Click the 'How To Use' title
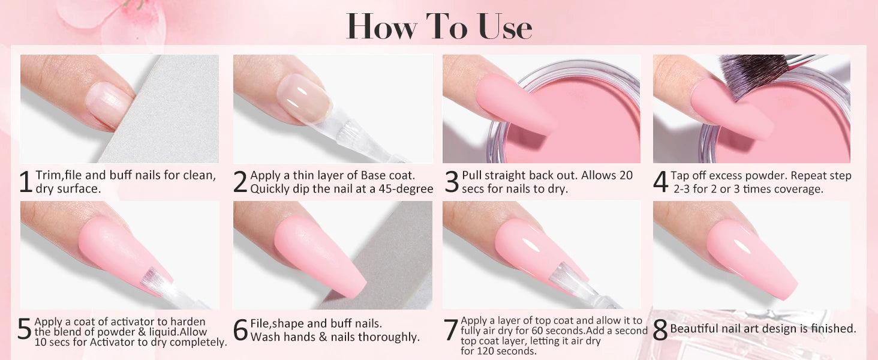(439, 27)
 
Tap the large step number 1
(26, 182)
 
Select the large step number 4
(660, 182)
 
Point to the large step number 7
(451, 329)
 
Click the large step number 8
(660, 329)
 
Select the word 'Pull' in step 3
(472, 176)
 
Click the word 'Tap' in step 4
(680, 176)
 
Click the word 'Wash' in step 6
(266, 337)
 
